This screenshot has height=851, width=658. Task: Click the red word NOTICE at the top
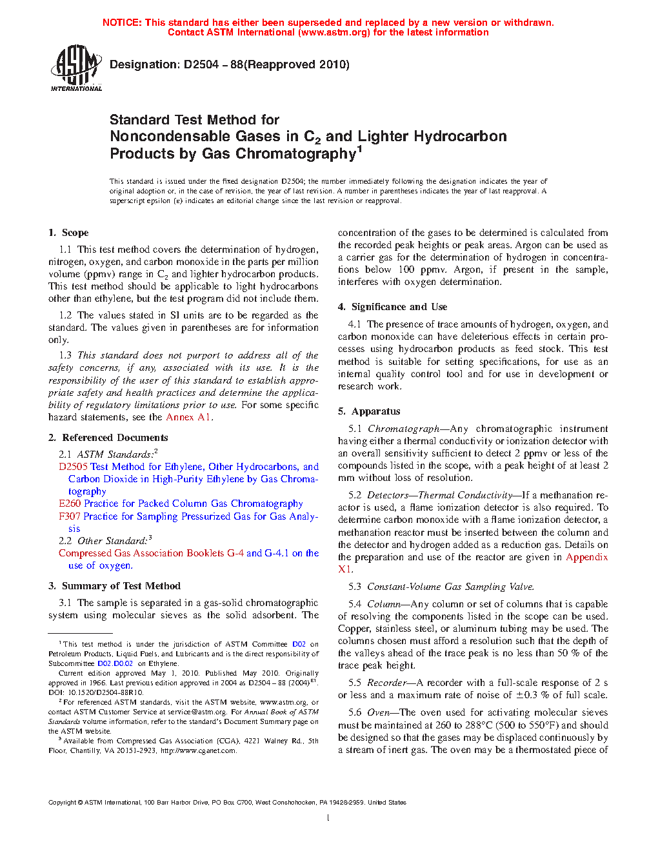click(x=121, y=23)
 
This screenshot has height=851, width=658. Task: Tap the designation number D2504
click(x=201, y=64)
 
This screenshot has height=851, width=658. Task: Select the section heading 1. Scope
click(x=68, y=233)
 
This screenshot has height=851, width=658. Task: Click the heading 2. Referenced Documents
click(x=108, y=438)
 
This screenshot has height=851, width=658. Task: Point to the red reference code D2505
click(x=73, y=467)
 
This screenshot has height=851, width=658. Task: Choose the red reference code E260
click(x=70, y=504)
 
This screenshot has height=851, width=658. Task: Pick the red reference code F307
click(x=70, y=516)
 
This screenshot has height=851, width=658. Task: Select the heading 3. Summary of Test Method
click(x=114, y=586)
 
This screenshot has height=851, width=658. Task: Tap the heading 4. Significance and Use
click(x=392, y=307)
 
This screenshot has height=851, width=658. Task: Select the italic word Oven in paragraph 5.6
click(x=378, y=712)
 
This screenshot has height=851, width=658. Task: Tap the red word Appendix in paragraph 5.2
click(x=586, y=557)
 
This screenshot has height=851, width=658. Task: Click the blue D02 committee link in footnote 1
click(x=299, y=644)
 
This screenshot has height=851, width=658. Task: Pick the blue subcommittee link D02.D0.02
click(x=115, y=663)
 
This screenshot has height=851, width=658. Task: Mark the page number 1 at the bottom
click(x=328, y=818)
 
